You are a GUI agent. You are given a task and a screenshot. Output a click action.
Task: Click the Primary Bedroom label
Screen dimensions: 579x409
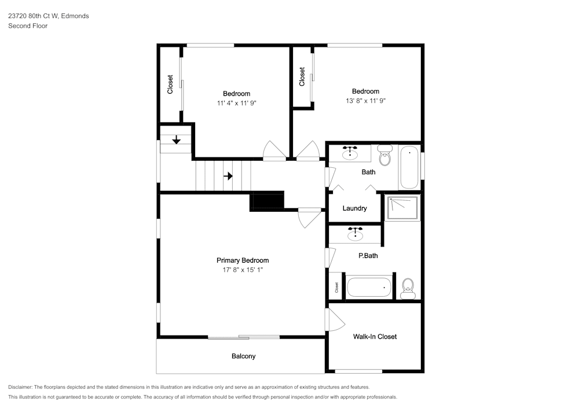243,260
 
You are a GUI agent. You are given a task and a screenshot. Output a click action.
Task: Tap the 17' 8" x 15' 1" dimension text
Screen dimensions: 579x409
243,270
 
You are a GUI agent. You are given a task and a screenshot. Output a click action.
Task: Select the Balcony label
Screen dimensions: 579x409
243,356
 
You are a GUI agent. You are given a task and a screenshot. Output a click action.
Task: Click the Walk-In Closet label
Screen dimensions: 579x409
375,337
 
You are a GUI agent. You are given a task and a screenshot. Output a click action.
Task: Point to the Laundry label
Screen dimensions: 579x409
354,208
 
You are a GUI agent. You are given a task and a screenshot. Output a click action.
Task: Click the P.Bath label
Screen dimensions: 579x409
368,256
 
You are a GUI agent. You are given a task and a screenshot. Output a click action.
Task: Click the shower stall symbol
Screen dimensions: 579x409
402,208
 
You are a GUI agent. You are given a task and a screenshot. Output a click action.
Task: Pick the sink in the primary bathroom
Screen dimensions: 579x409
356,234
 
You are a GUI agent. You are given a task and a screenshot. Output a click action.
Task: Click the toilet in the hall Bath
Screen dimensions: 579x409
385,155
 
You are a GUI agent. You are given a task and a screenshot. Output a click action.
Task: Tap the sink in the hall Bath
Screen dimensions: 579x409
350,153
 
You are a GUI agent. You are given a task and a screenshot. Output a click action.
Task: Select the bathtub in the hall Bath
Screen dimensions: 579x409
409,167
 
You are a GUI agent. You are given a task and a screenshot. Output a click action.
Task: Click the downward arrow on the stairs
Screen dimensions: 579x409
177,139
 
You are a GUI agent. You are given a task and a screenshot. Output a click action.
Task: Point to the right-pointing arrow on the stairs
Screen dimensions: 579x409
228,176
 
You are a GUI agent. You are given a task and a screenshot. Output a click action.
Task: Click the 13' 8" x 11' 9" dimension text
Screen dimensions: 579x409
365,101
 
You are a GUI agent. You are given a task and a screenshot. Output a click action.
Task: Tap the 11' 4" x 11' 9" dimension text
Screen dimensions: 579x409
237,104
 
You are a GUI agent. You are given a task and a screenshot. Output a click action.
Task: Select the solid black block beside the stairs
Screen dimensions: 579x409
267,201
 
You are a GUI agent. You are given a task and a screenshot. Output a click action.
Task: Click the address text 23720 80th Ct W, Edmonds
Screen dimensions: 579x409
49,16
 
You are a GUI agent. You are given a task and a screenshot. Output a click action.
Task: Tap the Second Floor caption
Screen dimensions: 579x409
28,26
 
